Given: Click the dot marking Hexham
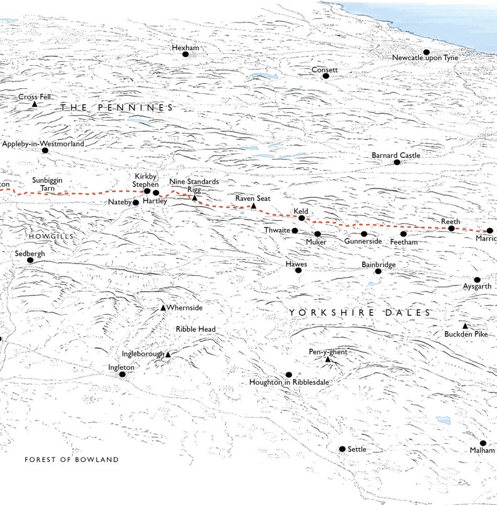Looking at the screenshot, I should click(185, 54).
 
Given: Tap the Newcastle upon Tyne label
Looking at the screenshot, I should click(425, 58).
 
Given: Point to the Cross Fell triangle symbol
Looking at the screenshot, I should click(34, 104).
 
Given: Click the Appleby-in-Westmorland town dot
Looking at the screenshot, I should click(45, 150).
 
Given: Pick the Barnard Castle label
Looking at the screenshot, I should click(396, 155).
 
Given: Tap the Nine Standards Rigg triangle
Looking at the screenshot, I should click(195, 198).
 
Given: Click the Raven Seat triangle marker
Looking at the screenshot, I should click(254, 205).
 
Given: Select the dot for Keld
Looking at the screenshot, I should click(302, 218).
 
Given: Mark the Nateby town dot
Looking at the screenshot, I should click(135, 203).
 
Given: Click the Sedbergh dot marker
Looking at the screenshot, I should click(30, 260).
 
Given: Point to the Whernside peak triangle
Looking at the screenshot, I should click(163, 308).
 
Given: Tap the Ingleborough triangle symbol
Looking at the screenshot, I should click(167, 355).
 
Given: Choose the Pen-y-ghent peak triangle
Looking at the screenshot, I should click(327, 359).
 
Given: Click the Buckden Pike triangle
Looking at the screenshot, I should click(464, 326).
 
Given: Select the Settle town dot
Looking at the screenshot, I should click(342, 449).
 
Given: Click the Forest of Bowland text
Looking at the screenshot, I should click(71, 460).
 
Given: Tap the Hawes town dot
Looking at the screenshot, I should click(298, 270).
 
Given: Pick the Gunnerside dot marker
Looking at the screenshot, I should click(364, 234).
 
